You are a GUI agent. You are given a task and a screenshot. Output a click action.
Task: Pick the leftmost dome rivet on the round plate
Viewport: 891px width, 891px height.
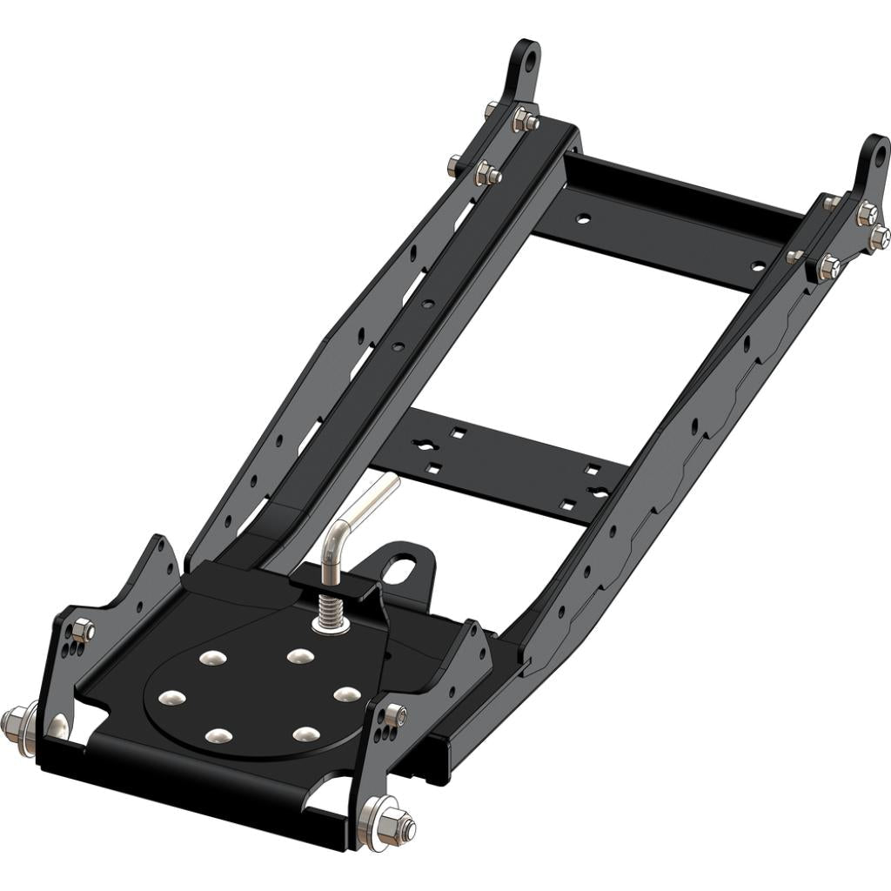171,697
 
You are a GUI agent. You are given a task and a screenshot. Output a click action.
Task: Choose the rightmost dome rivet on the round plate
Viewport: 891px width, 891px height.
347,693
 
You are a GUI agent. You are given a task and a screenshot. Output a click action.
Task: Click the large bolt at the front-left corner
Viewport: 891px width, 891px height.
17,720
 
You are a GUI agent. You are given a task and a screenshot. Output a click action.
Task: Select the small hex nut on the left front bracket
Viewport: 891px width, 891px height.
82,630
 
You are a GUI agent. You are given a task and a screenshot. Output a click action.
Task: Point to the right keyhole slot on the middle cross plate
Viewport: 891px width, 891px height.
598,492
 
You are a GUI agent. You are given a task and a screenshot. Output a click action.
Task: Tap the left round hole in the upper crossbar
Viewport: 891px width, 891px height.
583,218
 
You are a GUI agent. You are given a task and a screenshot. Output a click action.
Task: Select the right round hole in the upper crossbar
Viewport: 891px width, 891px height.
757,265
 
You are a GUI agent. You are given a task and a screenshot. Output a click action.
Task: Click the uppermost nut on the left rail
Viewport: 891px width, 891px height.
525,120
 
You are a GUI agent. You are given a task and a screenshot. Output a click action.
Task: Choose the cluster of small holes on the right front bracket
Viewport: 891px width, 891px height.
384,733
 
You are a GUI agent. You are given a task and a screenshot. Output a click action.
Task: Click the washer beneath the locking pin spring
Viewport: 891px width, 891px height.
331,625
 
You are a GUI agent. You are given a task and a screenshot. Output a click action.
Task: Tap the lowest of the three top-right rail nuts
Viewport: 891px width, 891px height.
827,266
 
